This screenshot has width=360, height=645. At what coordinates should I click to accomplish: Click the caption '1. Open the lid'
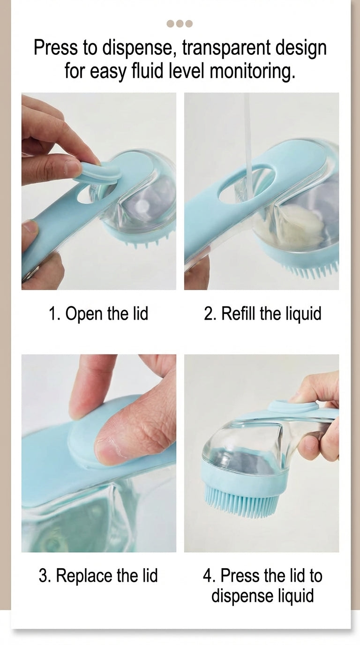[98, 314]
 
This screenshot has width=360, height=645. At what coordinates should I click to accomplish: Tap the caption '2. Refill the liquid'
[262, 314]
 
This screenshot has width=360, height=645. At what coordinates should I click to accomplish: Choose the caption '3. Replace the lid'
[98, 576]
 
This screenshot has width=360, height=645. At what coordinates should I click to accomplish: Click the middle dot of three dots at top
[180, 24]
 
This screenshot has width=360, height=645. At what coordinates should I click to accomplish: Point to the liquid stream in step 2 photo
[247, 141]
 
